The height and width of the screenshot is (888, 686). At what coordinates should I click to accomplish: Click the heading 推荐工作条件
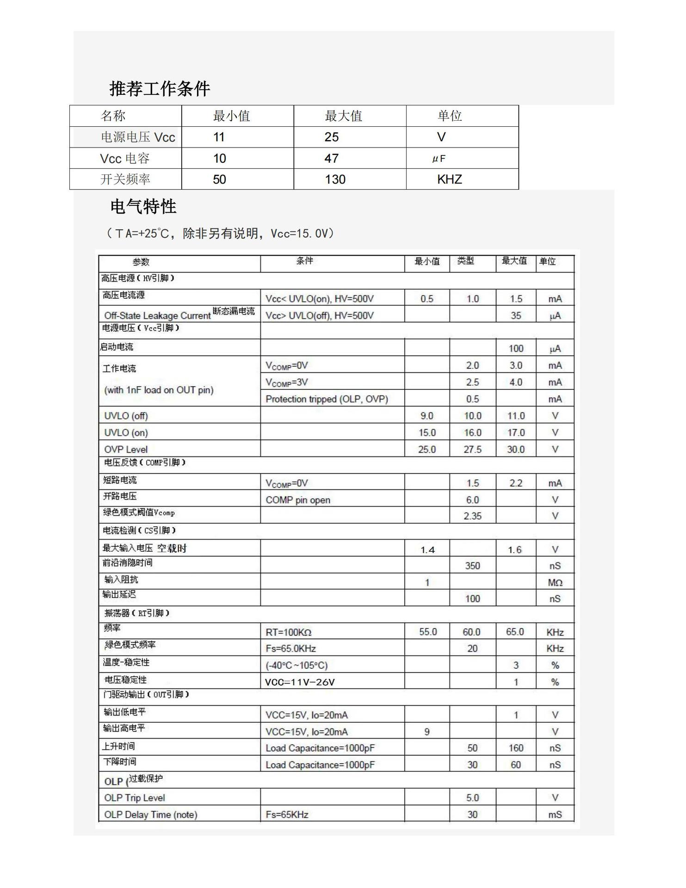160,88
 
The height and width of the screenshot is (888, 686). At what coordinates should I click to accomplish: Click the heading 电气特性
143,206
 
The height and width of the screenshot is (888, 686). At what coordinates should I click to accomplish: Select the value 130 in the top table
335,179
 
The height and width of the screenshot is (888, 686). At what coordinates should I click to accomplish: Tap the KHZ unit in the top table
449,179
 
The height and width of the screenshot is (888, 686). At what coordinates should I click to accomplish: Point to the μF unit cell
439,159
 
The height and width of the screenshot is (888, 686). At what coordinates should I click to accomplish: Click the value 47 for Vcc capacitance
331,159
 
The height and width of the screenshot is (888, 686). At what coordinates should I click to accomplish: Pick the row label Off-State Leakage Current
157,315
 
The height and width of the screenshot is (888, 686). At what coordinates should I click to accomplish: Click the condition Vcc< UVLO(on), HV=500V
319,299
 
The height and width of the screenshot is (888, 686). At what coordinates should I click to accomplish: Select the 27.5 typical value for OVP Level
472,449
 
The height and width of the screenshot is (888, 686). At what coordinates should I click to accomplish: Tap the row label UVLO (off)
126,416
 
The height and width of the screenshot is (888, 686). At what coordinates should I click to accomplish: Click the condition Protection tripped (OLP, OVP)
327,399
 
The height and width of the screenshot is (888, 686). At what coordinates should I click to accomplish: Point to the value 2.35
472,516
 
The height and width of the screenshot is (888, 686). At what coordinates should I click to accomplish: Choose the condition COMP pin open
298,500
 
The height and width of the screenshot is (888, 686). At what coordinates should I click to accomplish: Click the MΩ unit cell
555,583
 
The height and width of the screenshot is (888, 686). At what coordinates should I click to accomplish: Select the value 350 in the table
472,566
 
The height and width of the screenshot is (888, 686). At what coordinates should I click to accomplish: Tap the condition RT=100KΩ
288,632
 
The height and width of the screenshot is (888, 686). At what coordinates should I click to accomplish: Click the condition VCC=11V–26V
299,682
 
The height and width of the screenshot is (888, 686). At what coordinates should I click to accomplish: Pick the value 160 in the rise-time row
516,748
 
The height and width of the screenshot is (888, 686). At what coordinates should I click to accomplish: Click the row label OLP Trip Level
134,798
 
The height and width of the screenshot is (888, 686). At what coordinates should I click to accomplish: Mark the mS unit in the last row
555,814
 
